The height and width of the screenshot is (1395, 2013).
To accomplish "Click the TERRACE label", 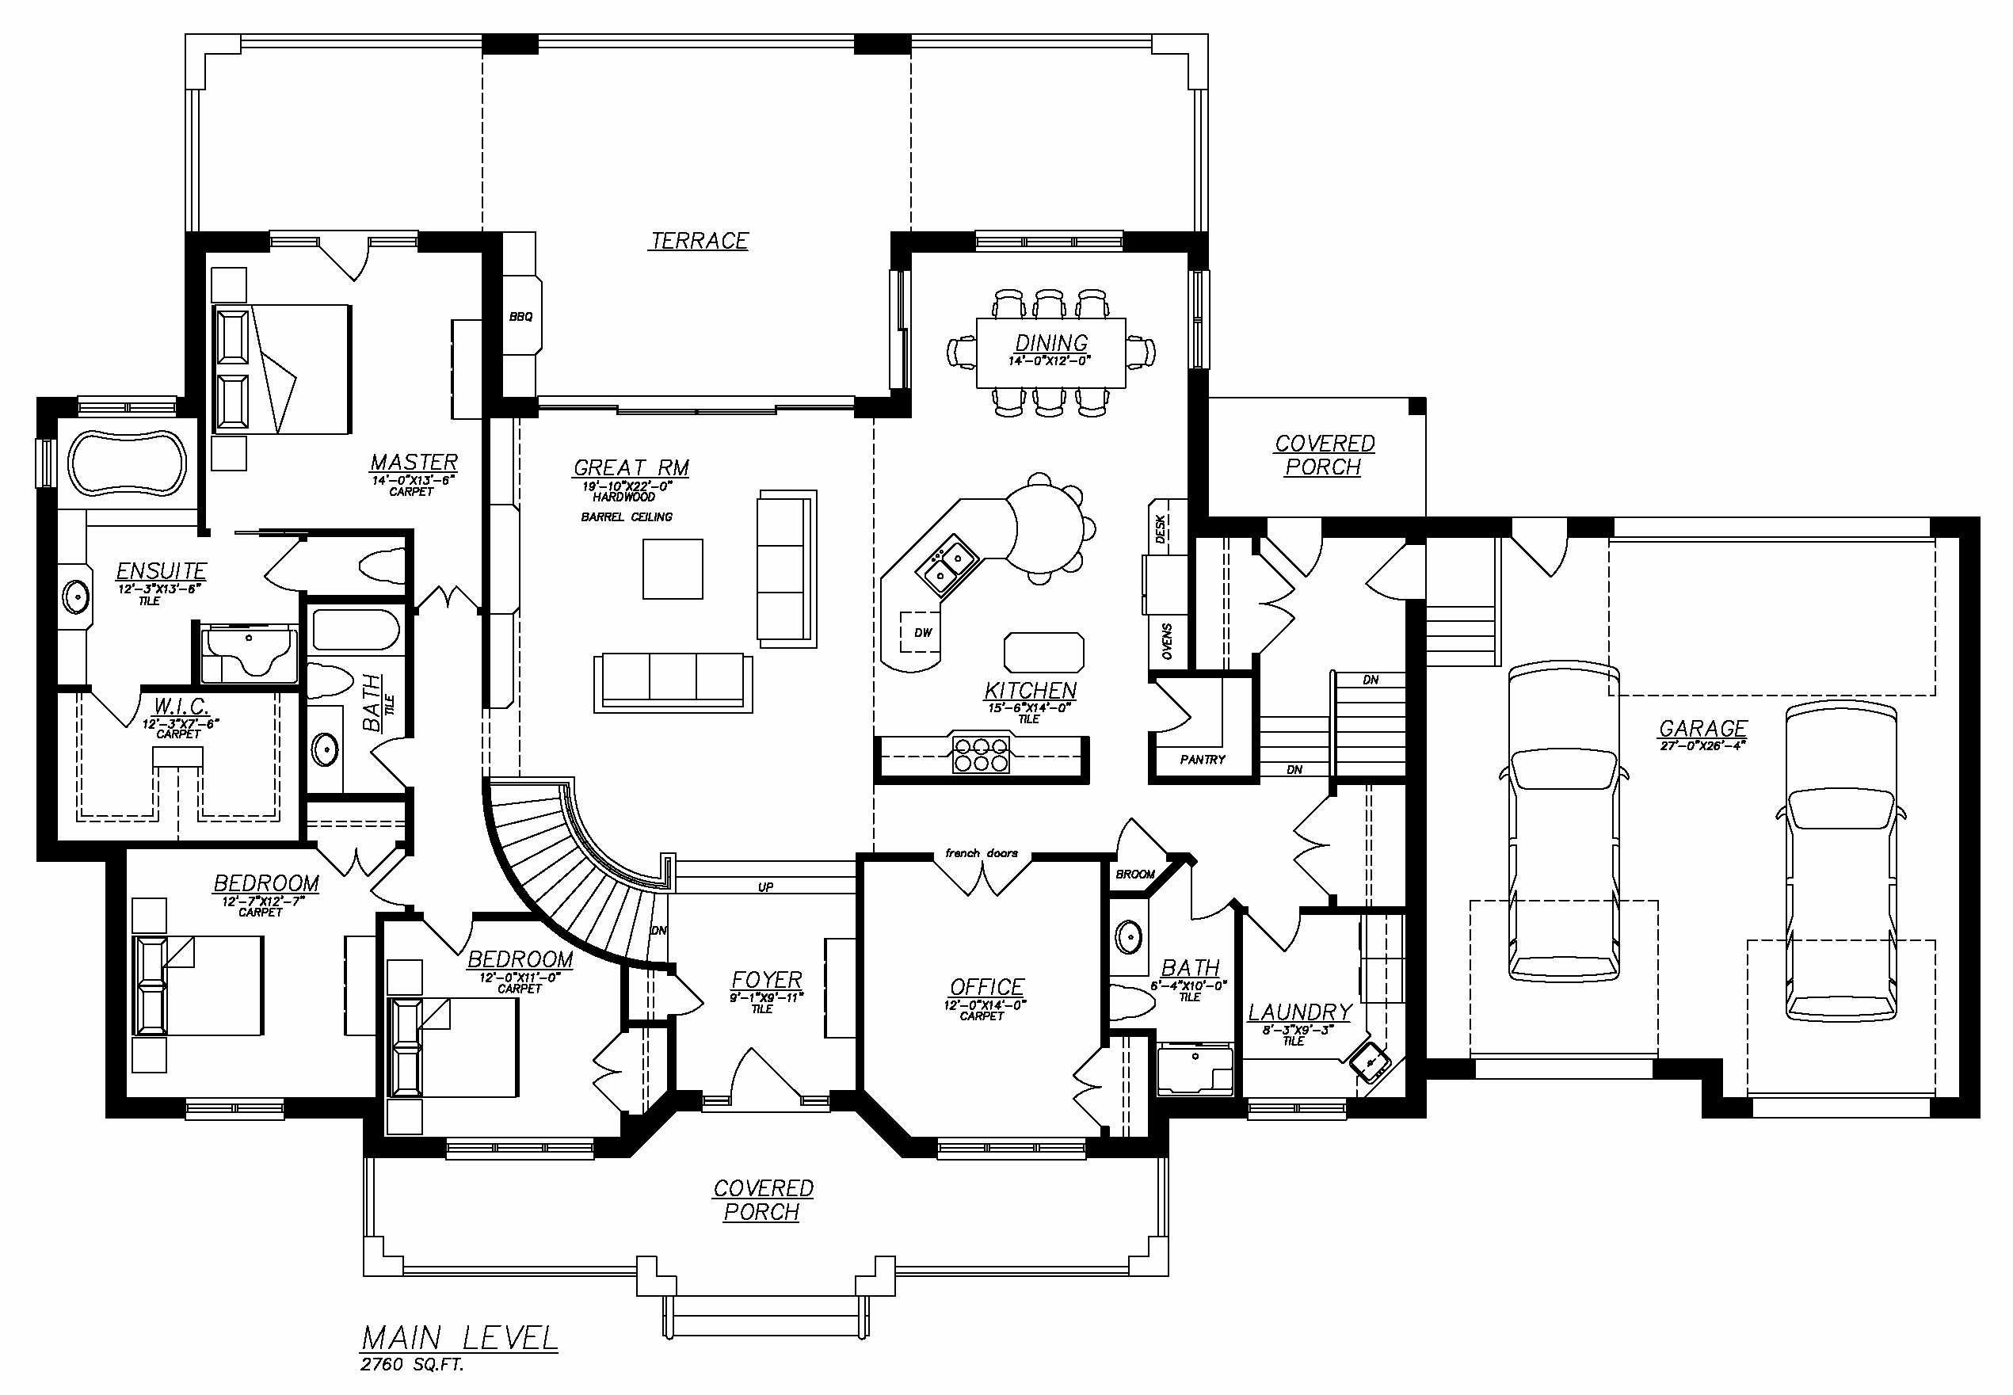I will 699,240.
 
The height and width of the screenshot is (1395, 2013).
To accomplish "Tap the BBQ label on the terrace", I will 521,316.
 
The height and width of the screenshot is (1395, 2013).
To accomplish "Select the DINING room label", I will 1050,343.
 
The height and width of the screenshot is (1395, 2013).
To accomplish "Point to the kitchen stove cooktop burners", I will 980,754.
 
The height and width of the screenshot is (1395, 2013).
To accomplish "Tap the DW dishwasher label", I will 923,633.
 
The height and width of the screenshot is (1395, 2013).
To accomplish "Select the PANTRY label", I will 1202,760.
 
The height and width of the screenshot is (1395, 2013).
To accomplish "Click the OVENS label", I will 1168,642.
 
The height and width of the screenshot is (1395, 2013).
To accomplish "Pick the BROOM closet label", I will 1134,874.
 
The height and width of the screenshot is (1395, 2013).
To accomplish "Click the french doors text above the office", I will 981,853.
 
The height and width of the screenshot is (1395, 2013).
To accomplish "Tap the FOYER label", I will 767,980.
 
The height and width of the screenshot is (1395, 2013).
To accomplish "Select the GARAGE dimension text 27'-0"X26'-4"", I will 1702,745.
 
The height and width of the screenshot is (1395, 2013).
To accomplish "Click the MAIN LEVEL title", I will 459,1338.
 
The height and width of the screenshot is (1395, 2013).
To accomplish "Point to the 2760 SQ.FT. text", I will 411,1364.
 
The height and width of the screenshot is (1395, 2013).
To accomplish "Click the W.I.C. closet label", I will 180,705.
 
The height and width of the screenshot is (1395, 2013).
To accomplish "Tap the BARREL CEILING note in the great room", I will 627,516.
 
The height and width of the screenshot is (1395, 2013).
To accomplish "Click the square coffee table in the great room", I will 672,569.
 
